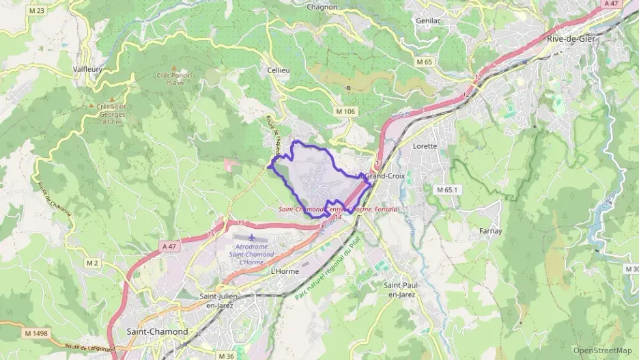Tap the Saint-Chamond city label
click(157, 331)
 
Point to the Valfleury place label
click(89, 69)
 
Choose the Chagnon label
click(322, 7)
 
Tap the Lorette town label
click(425, 146)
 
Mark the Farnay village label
click(490, 231)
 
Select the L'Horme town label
click(285, 271)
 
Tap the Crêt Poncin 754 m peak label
click(174, 79)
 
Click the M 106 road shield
click(345, 111)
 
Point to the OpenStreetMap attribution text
click(602, 350)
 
